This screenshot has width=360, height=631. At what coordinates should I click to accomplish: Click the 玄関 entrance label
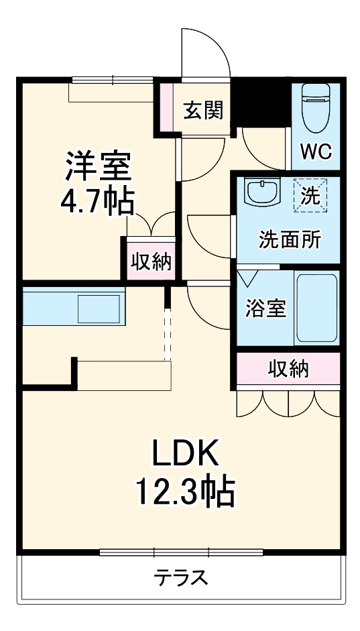point(203,110)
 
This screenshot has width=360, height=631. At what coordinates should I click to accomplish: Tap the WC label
point(316,151)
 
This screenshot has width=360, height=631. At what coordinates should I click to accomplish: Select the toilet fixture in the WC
point(316,109)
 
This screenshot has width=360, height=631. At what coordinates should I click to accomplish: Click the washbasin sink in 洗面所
point(262,192)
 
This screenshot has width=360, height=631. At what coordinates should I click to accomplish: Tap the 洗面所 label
point(290,239)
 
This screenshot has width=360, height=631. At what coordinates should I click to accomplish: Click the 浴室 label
point(265,309)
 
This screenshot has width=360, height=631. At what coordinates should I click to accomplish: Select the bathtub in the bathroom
point(316,307)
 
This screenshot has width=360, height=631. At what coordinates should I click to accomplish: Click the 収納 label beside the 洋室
point(152,261)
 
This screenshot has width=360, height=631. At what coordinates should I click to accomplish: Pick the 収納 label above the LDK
point(289,368)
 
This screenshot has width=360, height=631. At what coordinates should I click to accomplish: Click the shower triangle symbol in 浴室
point(247,276)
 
